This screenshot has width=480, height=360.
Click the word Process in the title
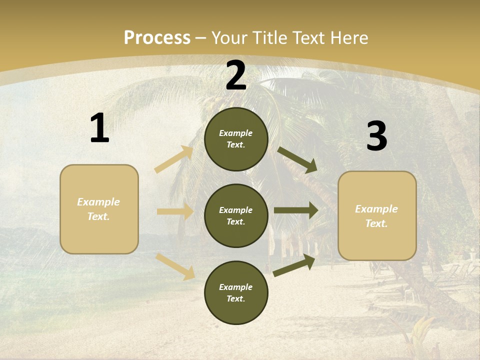tap(157, 37)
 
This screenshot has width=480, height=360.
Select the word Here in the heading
tap(348, 37)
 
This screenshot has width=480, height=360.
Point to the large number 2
tap(236, 75)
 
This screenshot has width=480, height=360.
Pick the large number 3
tap(377, 136)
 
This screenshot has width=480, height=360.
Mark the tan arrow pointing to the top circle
tap(174, 159)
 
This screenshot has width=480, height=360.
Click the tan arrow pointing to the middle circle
tap(175, 211)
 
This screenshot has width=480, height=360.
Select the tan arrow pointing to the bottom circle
tap(175, 266)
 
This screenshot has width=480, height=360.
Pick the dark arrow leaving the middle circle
tap(296, 210)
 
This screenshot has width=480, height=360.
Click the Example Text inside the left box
tap(98, 209)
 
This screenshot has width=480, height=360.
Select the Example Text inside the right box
tap(376, 216)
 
